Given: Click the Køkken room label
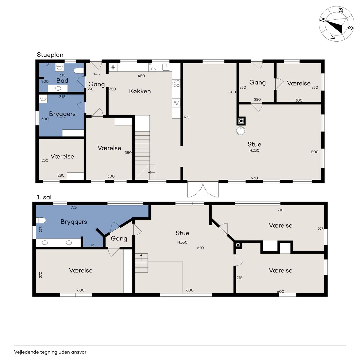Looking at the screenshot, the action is pos(140,91).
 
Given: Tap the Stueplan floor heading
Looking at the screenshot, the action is pos(50,55).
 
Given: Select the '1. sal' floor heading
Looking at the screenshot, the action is pos(44,197).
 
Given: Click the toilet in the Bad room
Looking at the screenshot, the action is pos(79,71).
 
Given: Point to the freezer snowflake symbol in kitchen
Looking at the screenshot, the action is pos(113,67).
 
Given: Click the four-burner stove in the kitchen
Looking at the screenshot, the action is pos(176,84).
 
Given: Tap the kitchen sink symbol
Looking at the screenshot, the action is pos(166,67).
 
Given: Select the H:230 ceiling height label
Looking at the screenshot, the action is pos(254,150).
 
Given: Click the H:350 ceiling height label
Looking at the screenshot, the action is pos(182,242).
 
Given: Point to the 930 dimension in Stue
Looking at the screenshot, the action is pos(254,178).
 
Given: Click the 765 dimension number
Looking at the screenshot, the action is pos(186,117).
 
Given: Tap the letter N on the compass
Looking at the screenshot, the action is pos(322,20).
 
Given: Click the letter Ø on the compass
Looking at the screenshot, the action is pos(341,10).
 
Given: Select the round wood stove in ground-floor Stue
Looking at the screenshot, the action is pos(241,130).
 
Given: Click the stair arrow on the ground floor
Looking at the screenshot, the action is pos(152,172).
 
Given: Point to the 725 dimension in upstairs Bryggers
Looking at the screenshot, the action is pos(74,207).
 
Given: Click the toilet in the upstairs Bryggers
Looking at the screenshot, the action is pos(41,220).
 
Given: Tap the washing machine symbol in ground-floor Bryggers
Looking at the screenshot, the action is pos(43,99).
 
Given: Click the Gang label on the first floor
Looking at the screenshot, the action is pos(119,238).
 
